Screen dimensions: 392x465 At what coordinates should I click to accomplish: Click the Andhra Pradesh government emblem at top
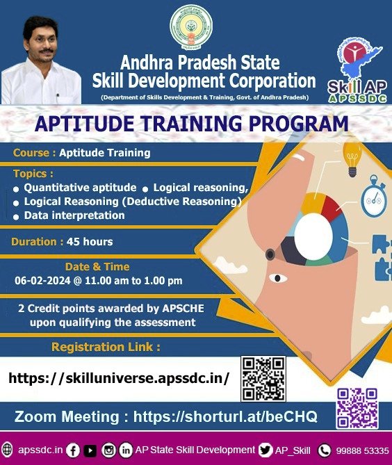[x=191, y=27]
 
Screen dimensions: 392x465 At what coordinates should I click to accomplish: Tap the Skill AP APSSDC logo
[x=358, y=70]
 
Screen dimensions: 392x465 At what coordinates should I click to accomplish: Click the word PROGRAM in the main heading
[x=299, y=124]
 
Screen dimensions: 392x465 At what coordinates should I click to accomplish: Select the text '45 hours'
[x=90, y=242]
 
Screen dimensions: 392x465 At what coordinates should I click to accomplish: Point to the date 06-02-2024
[x=42, y=280]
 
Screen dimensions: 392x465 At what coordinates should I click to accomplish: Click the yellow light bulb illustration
[x=352, y=158]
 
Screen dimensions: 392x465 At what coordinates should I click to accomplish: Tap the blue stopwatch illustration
[x=374, y=197]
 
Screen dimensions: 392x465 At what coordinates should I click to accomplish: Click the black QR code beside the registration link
[x=263, y=379]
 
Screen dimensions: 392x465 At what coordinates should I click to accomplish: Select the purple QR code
[x=357, y=408]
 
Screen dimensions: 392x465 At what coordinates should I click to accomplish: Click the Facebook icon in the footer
[x=73, y=450]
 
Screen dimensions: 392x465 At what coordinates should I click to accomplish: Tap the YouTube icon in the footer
[x=90, y=451]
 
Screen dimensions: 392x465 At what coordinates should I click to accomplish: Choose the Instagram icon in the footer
[x=108, y=450]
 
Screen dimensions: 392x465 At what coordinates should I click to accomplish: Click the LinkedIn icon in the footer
[x=126, y=450]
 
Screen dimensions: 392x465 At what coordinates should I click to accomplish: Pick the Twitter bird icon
[x=265, y=450]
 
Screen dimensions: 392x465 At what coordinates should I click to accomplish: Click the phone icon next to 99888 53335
[x=325, y=450]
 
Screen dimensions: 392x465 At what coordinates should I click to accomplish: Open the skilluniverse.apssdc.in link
[x=119, y=378]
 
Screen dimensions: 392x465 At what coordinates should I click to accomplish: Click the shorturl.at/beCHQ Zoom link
[x=225, y=416]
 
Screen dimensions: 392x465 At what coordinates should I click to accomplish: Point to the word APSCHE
[x=183, y=309]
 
